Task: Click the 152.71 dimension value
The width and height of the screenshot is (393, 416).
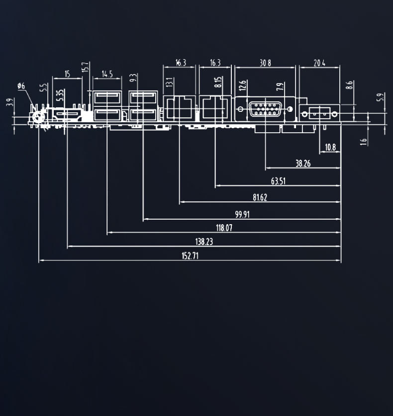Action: [190, 255]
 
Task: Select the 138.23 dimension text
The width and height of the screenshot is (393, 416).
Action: [204, 242]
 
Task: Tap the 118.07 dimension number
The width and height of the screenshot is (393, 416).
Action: [224, 228]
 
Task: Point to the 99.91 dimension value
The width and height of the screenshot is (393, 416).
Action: [243, 214]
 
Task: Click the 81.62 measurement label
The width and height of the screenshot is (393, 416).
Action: [260, 197]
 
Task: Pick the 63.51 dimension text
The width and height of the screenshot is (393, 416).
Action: [278, 181]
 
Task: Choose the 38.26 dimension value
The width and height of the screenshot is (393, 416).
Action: [303, 163]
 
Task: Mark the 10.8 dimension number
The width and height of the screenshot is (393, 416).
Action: [330, 147]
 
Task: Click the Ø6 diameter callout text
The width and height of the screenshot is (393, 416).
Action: [21, 86]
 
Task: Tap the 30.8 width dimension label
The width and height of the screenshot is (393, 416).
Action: [266, 63]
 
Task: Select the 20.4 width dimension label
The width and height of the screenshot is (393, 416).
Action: [319, 63]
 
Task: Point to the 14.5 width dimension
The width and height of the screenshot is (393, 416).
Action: [107, 75]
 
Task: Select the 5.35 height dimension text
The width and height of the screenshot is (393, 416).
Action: [60, 95]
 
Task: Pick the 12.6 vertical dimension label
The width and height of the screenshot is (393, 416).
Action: [242, 85]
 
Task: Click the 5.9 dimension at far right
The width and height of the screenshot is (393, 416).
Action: [381, 98]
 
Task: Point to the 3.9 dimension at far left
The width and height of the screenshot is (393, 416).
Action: [8, 103]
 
